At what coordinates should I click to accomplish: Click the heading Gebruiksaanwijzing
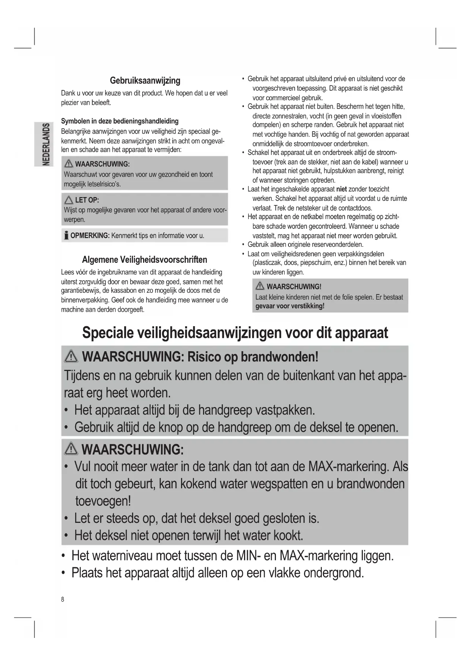[x=145, y=80]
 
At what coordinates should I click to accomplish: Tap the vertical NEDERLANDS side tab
[x=46, y=144]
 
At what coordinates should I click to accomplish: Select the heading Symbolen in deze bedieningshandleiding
[x=120, y=121]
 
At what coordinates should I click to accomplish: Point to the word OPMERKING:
[x=90, y=235]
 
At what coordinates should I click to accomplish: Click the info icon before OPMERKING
[x=66, y=235]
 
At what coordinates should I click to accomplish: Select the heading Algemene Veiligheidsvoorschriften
[x=145, y=260]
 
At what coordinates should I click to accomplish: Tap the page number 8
[x=63, y=600]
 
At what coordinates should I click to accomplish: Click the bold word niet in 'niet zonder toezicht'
[x=342, y=189]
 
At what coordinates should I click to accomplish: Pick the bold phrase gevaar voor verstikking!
[x=290, y=306]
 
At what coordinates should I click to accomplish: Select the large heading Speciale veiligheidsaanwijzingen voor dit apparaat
[x=235, y=333]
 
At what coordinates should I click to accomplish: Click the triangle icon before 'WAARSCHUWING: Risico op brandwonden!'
[x=71, y=357]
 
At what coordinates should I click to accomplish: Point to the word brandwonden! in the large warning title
[x=280, y=357]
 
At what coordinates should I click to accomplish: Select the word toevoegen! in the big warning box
[x=103, y=501]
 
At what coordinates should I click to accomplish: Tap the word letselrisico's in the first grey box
[x=104, y=184]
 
